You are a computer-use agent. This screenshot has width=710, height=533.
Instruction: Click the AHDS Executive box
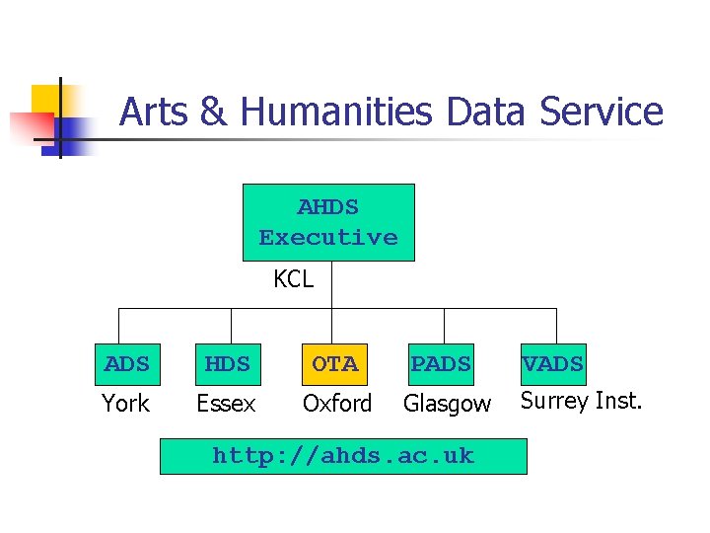(328, 222)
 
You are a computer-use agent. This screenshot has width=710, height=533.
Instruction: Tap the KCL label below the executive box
(293, 279)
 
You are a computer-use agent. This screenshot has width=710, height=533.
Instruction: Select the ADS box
(127, 364)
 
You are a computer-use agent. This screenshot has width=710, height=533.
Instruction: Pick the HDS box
(228, 364)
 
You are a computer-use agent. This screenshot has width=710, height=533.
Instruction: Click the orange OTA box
(335, 364)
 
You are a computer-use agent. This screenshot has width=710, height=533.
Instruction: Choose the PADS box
(441, 364)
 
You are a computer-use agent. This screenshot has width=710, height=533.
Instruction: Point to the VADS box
(552, 364)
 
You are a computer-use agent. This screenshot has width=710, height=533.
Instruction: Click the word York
(126, 404)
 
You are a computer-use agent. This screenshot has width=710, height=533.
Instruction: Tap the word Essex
(226, 404)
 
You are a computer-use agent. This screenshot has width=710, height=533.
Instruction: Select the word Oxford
(337, 404)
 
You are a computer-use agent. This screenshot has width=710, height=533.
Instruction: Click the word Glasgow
(447, 404)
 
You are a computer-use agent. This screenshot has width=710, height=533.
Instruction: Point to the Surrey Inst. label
(581, 401)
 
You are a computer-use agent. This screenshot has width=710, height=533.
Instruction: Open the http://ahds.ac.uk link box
(343, 456)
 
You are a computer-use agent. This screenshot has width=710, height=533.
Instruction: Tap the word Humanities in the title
(336, 112)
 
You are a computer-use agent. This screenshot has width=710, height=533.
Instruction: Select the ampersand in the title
(212, 112)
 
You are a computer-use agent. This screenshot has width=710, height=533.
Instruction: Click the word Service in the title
(601, 112)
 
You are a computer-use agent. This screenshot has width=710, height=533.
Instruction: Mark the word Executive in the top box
(328, 238)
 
